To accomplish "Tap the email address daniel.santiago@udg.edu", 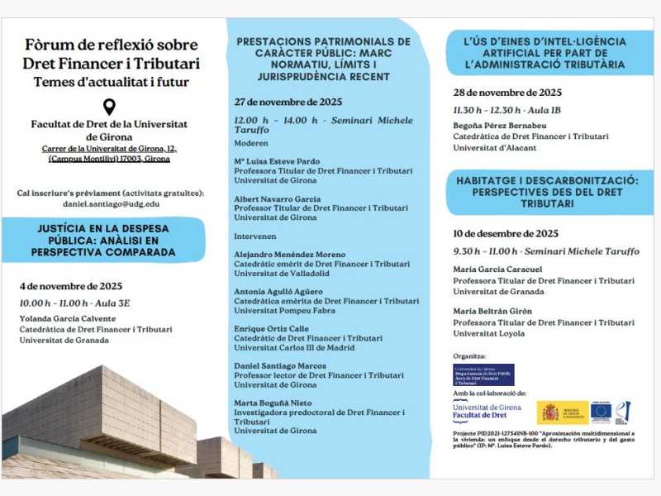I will tap(112, 203).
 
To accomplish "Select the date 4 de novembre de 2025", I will tap(71, 286).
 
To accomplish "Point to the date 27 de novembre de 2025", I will tap(288, 103).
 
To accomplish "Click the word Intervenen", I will tap(256, 236).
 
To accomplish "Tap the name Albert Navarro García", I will tap(277, 200).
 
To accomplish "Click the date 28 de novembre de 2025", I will tap(506, 93).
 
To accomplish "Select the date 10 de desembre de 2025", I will tap(506, 234).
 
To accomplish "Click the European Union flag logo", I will tap(601, 411).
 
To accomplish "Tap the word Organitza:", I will tap(469, 355).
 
